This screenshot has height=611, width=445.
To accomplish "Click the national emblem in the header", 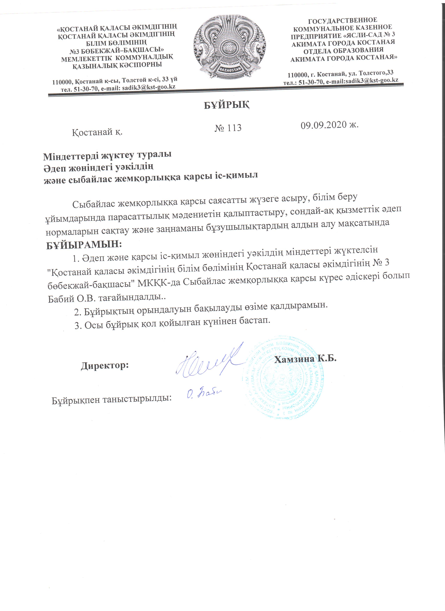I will pos(229,47).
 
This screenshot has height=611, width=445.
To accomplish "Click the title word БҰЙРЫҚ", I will pos(226,105).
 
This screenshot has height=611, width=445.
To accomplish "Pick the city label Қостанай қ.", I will pos(97,132).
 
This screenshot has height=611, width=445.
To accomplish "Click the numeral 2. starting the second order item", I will pos(78,312).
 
